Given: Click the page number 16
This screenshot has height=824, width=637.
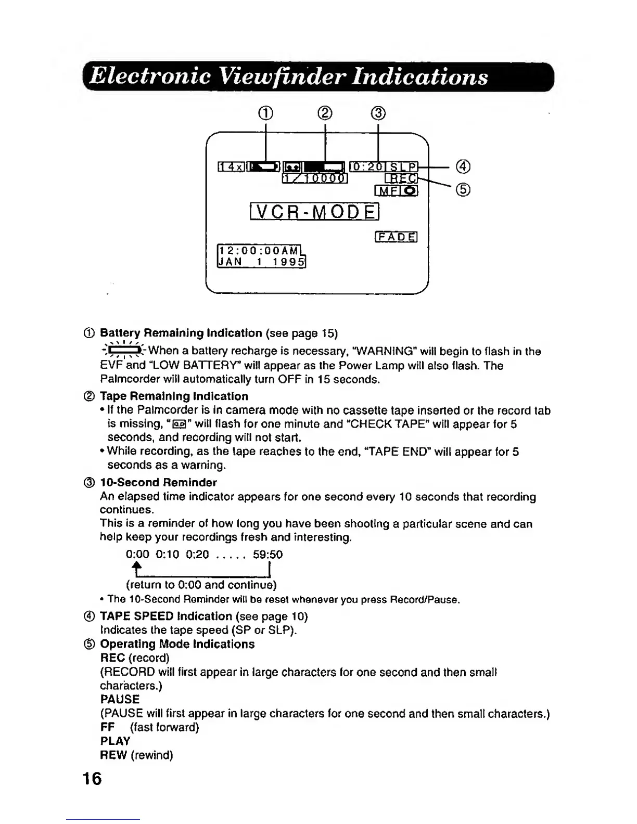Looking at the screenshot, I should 92,779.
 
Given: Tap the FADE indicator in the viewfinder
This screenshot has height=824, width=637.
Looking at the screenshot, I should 396,237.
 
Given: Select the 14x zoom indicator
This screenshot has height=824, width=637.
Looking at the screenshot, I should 230,167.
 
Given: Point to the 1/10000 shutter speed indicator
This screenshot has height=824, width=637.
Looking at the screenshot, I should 315,178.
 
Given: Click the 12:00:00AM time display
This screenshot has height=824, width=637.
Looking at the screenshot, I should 260,250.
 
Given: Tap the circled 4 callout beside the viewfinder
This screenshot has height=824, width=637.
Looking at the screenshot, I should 463,167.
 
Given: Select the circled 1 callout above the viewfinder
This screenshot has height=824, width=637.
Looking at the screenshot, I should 266,113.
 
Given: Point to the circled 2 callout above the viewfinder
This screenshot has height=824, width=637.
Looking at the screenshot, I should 325,113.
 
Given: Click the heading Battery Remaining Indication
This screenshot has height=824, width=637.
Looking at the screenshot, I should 181,333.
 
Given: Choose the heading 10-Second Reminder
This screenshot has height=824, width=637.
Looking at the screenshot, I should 158,482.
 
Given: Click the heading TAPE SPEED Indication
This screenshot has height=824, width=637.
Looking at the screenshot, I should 165,616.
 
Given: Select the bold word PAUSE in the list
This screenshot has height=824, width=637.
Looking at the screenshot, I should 120,699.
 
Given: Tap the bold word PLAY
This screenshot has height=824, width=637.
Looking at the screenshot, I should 115,741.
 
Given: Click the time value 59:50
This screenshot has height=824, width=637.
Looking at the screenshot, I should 267,555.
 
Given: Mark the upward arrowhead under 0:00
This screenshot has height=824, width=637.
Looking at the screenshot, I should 136,566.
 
